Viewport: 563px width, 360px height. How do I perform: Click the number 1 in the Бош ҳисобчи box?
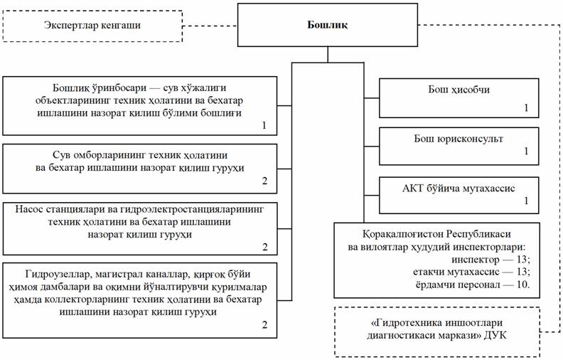tap(526, 107)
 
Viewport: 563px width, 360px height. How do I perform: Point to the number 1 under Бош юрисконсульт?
tap(526, 152)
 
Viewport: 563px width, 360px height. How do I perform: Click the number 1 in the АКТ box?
tap(526, 202)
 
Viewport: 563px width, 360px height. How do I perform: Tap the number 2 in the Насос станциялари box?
tap(264, 247)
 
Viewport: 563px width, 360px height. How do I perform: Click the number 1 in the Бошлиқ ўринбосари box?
tap(264, 125)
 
